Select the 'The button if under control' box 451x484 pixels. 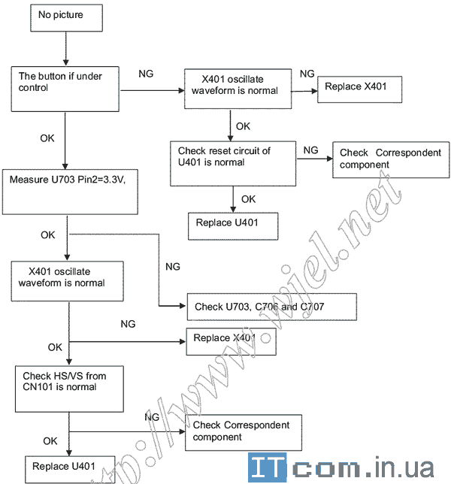[65, 89]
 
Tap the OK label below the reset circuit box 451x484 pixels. [248, 198]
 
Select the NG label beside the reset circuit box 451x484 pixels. [310, 150]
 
